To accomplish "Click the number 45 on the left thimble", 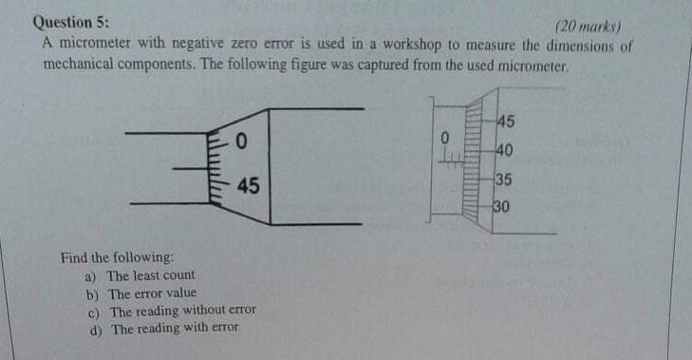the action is pyautogui.click(x=247, y=185).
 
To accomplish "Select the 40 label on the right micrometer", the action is pyautogui.click(x=505, y=149).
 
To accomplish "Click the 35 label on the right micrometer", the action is pyautogui.click(x=504, y=179).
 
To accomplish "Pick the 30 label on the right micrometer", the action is pyautogui.click(x=502, y=206).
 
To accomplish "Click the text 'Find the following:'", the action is pyautogui.click(x=117, y=257).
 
